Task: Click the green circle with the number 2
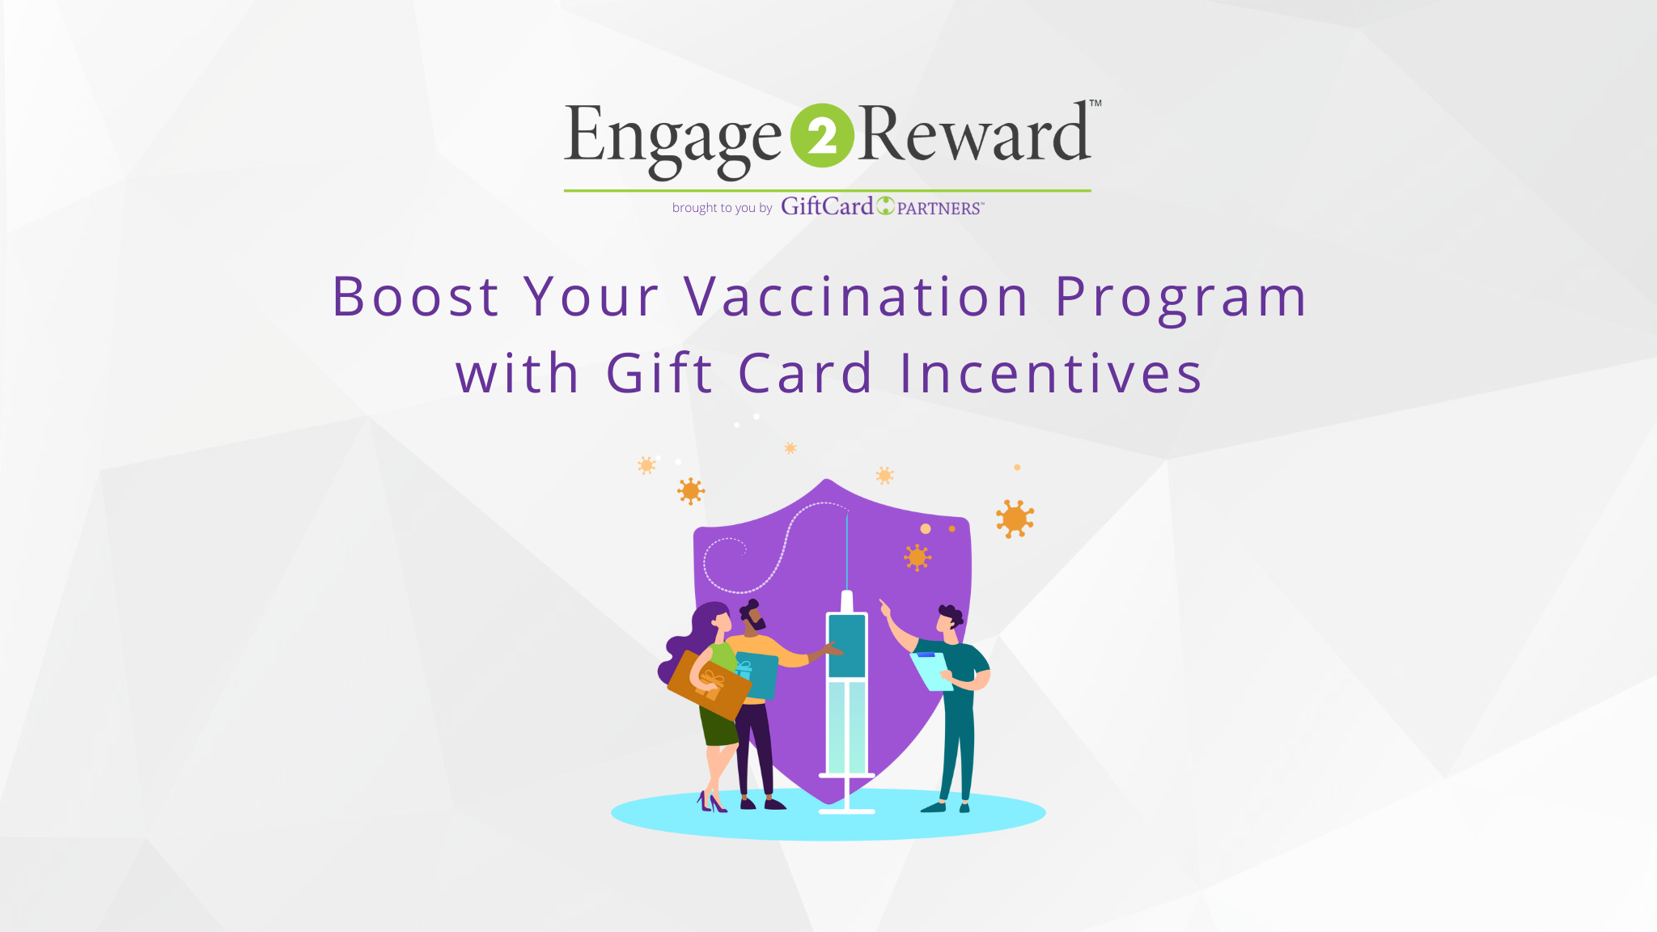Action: coord(822,136)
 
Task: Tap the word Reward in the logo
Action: coord(974,133)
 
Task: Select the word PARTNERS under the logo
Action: coord(940,208)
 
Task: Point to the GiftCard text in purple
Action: coord(827,206)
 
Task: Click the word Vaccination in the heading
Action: coord(856,296)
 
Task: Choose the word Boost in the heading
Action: coord(416,296)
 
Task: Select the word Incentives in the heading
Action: coord(1051,373)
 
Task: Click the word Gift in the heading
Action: coord(659,373)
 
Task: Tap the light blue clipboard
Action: coord(932,671)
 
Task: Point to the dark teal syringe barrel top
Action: coord(847,646)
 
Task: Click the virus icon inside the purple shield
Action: coord(917,557)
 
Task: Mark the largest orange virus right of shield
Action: coord(1015,519)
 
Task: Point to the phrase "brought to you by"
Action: coord(722,208)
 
